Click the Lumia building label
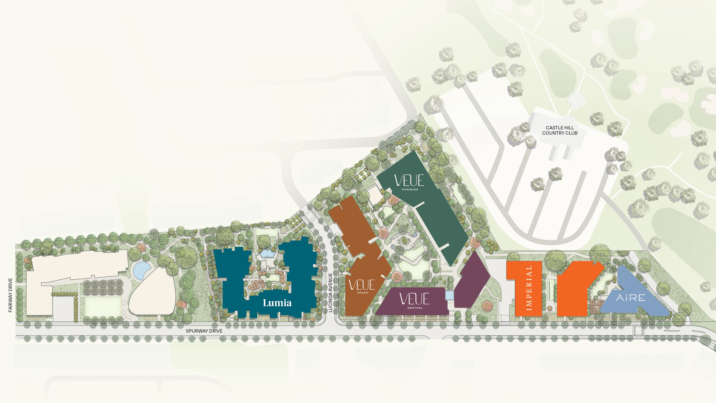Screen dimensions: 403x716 point(277,303)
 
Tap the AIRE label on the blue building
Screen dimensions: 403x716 point(631,298)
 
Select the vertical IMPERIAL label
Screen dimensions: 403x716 point(529,288)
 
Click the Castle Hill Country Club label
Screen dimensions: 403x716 point(559,130)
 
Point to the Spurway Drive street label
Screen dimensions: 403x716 point(204,331)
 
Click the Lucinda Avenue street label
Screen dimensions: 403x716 point(330,293)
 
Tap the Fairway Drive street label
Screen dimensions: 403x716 point(10,295)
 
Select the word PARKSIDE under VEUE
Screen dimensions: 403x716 point(410,189)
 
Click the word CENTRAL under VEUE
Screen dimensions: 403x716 point(415,308)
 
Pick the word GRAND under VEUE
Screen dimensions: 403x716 point(363,293)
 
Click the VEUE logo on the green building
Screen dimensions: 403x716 point(409,180)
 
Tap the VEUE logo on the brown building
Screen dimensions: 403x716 point(362,285)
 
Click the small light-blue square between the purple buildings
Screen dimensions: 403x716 point(449,295)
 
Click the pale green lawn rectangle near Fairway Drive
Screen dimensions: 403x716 point(103,306)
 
